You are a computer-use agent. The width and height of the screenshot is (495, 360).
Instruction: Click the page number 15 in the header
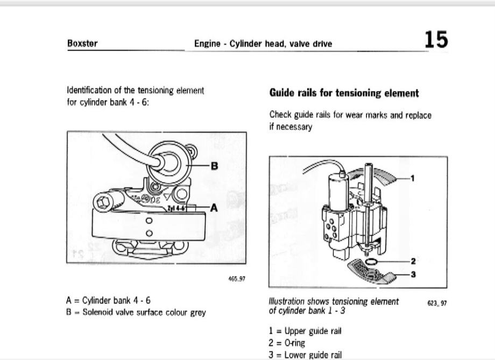point(435,40)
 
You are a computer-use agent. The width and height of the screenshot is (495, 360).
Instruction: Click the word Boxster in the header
point(82,44)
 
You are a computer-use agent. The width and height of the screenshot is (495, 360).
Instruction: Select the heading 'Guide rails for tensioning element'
point(344,93)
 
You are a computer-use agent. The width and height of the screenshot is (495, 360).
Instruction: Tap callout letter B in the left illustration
point(215,166)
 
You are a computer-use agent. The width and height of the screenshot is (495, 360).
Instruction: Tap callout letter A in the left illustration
point(214,208)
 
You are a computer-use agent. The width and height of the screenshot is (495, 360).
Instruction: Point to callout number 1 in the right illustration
point(413,178)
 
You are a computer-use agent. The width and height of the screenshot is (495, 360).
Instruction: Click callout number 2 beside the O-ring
point(413,262)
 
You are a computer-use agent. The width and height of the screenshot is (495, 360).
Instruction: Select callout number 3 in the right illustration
point(413,274)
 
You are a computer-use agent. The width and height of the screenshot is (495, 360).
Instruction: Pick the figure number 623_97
point(437,303)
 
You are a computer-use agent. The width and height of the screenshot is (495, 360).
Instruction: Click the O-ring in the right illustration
point(371,262)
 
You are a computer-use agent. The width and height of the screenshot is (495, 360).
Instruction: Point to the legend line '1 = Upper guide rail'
point(305,331)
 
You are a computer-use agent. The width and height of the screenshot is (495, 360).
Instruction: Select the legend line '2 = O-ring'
point(286,343)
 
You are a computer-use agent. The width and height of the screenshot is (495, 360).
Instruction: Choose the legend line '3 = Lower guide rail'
point(305,355)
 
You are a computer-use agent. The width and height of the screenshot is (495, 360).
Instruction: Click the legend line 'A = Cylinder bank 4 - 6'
point(108,301)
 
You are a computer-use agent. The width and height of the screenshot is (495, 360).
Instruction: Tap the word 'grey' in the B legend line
point(197,312)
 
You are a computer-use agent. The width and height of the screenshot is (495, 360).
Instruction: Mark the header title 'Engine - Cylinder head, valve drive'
point(263,44)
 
